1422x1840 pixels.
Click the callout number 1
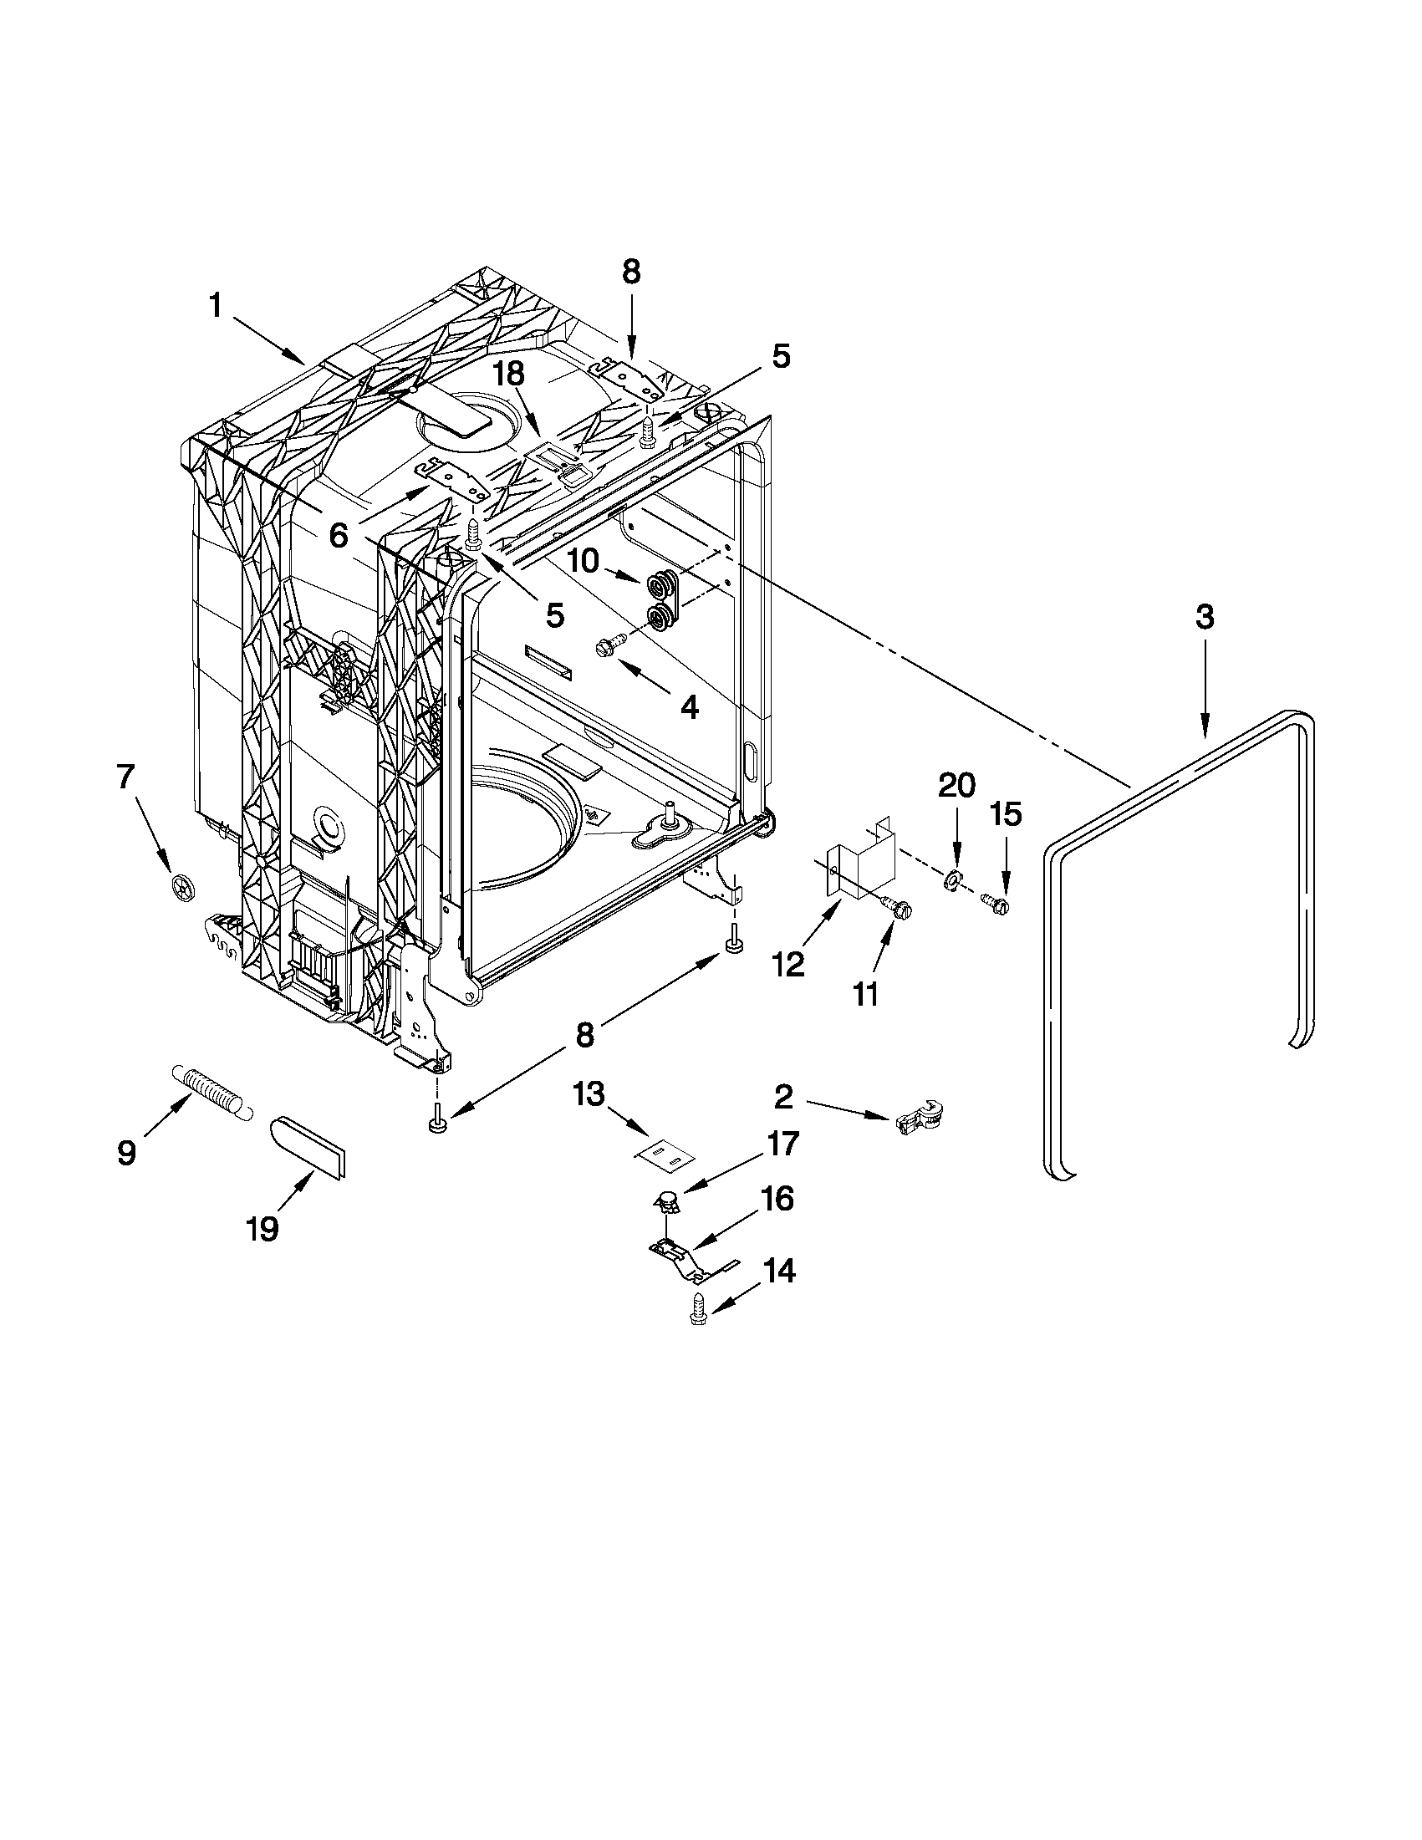click(x=216, y=306)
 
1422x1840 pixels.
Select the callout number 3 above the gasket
click(x=1205, y=618)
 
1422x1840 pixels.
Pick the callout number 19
click(x=262, y=1229)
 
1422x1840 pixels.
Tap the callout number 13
click(x=589, y=1095)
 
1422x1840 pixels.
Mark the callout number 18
click(x=509, y=372)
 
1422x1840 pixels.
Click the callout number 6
click(x=338, y=534)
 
